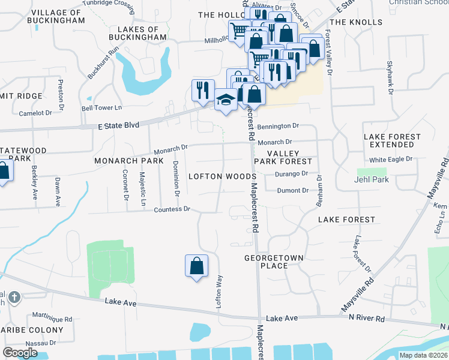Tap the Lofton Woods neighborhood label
222,176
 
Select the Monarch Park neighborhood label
128,161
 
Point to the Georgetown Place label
274,262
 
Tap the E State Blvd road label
119,125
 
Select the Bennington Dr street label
278,127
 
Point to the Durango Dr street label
292,173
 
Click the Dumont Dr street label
292,191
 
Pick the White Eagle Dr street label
391,159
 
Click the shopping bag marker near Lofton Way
197,265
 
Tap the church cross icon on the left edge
14,296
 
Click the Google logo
20,353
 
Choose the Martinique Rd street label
52,319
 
